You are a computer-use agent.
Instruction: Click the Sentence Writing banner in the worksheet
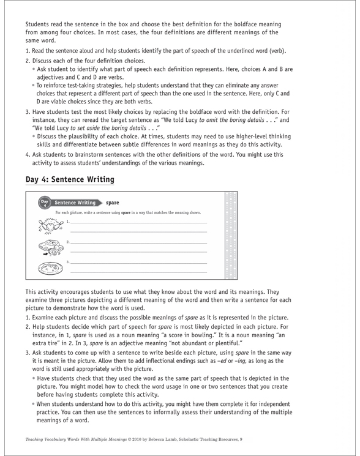73,202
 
